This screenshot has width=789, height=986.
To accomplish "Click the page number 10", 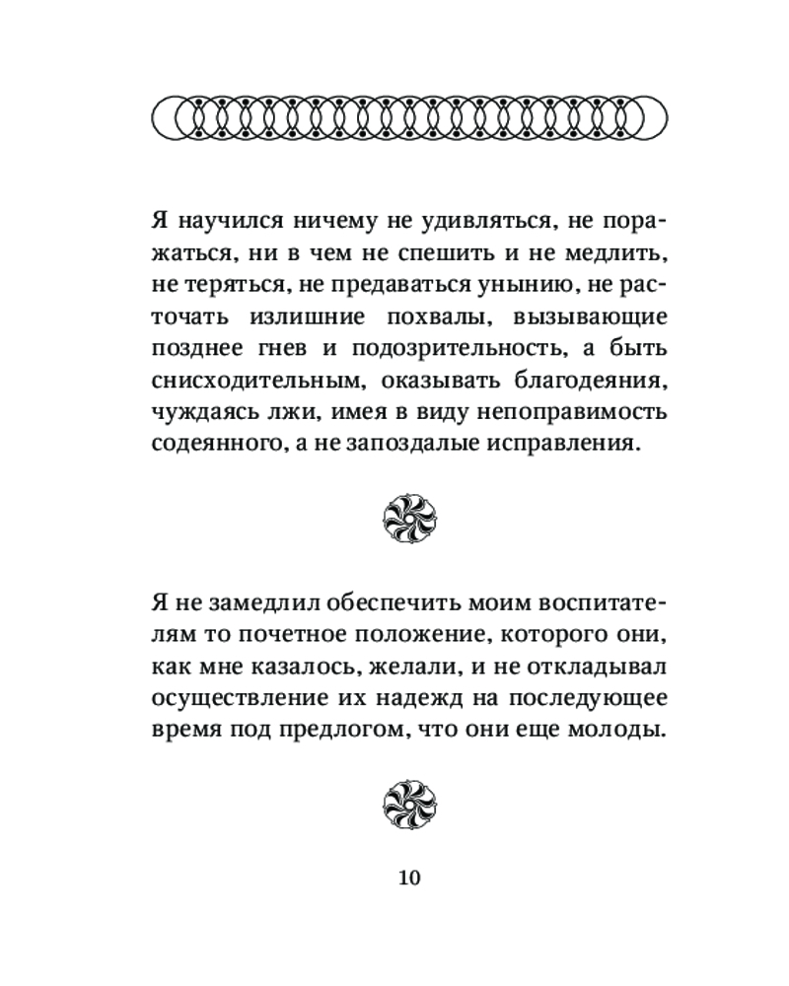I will tap(407, 877).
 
